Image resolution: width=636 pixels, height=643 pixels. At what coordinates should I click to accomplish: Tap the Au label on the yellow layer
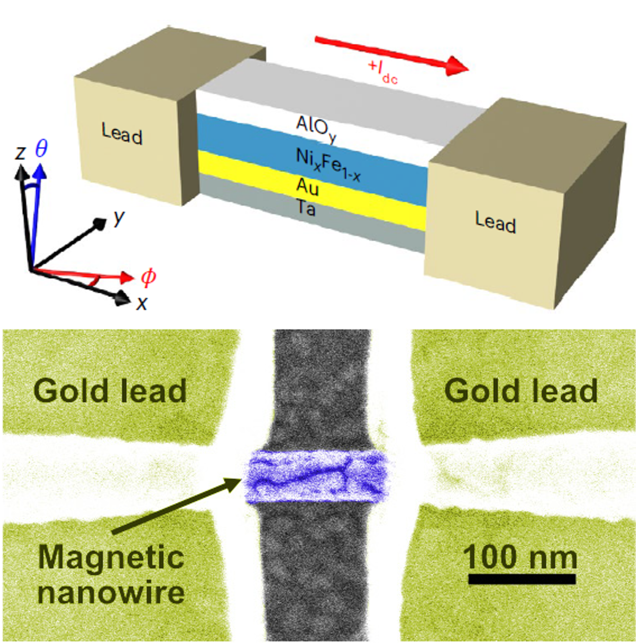coord(307,186)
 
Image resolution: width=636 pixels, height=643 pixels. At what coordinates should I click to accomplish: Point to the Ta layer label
coord(306,208)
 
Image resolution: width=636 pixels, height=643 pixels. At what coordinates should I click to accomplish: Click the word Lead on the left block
coord(122,133)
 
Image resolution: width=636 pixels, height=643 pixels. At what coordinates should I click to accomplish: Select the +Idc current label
coord(383,72)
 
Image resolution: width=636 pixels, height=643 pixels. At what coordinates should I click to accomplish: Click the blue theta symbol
coord(41,148)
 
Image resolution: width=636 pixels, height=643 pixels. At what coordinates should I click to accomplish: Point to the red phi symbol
coord(148,277)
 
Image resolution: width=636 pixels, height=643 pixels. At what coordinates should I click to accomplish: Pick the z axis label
coord(20,152)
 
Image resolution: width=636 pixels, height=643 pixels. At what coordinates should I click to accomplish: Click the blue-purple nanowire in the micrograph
coord(317,476)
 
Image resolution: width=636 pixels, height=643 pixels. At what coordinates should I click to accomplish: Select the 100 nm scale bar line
coord(522,579)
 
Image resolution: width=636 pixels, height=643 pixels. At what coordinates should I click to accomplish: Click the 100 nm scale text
coord(520,557)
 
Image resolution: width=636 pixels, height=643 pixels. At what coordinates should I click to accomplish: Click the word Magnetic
coord(111,557)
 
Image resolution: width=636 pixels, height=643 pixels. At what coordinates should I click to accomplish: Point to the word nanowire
coord(111,592)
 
